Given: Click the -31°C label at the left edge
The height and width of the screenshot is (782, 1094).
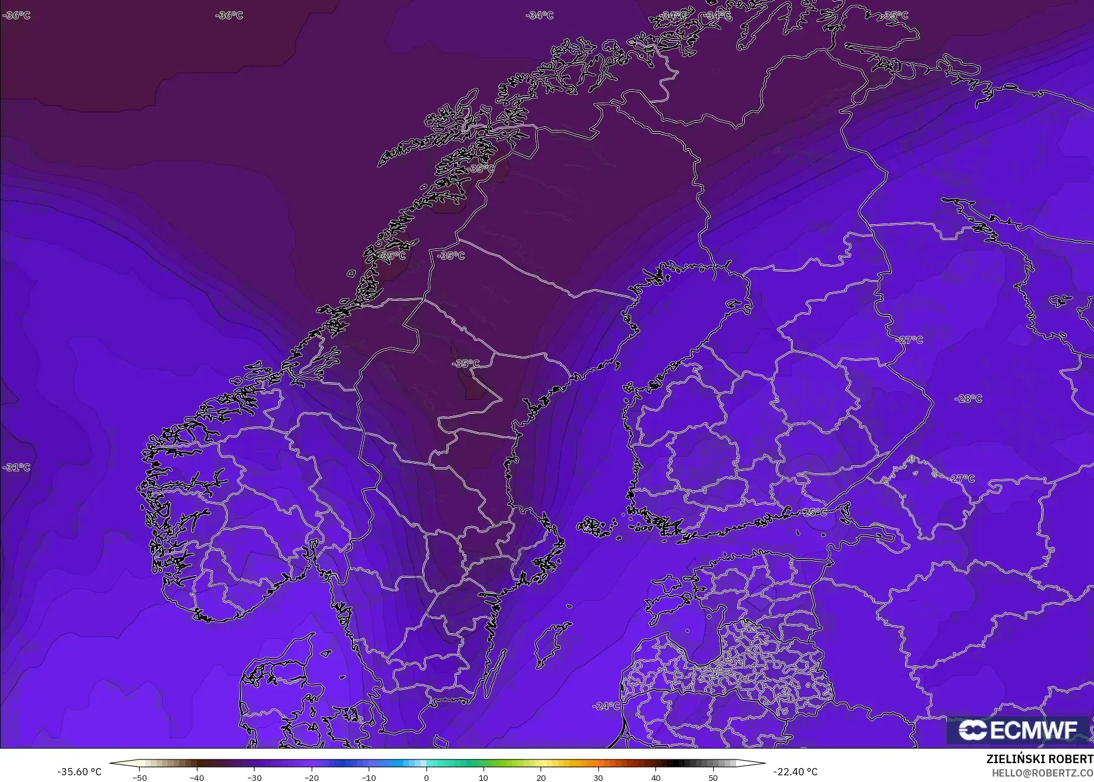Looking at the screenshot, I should [x=16, y=467].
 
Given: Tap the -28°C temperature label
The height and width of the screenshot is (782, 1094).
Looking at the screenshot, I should [x=968, y=399].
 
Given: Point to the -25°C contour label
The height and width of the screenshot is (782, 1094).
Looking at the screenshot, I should [x=815, y=512].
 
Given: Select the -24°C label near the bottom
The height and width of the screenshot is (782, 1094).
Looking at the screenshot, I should [x=606, y=706].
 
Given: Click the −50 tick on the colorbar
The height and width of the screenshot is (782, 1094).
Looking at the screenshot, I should [x=140, y=778].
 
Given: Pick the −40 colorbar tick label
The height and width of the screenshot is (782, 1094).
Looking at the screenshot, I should [x=197, y=778].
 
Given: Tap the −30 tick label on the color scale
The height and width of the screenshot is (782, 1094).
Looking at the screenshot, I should [x=255, y=778].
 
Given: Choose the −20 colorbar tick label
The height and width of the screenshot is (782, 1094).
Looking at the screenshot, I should [x=312, y=778].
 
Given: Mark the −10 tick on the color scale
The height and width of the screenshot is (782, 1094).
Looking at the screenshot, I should [x=369, y=778].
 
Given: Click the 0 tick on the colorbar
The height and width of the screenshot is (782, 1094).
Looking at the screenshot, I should [x=426, y=778].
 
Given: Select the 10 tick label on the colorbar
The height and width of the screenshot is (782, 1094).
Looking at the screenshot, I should [x=484, y=778].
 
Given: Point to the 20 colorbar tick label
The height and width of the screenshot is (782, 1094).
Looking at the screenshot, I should [x=541, y=778].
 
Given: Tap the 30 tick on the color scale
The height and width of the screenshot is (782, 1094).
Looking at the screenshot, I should [x=598, y=778].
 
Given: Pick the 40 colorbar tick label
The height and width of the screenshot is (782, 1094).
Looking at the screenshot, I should [x=655, y=778].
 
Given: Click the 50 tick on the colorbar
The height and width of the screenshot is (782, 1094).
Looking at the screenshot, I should [x=713, y=778].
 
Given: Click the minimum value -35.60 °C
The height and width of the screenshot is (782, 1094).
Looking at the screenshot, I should [x=79, y=772].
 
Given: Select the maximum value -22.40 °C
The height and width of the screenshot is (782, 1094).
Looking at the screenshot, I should [x=795, y=772].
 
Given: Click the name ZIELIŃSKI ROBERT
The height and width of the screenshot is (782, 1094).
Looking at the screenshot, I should [x=1039, y=760].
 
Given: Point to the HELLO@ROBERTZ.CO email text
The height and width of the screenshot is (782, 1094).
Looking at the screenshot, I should [x=1042, y=773].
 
